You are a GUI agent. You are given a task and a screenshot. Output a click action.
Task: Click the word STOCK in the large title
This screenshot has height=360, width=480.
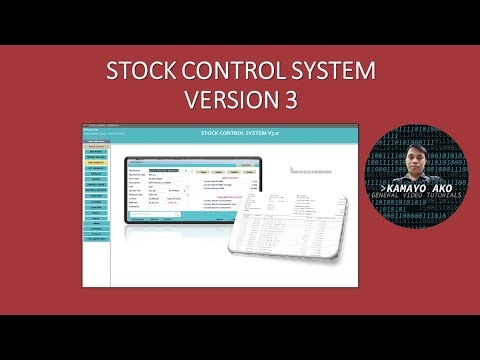tap(139, 74)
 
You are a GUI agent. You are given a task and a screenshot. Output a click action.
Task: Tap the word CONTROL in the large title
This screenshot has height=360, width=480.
tap(229, 74)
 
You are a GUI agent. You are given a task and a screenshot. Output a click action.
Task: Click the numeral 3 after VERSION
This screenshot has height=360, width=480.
tap(289, 102)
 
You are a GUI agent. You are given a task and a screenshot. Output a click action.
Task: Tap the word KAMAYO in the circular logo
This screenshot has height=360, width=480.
tap(401, 188)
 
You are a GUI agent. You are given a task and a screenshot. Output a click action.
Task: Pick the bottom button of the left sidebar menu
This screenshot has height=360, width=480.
tap(97, 239)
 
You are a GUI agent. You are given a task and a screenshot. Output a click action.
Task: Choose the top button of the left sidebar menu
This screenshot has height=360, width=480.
tap(97, 146)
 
